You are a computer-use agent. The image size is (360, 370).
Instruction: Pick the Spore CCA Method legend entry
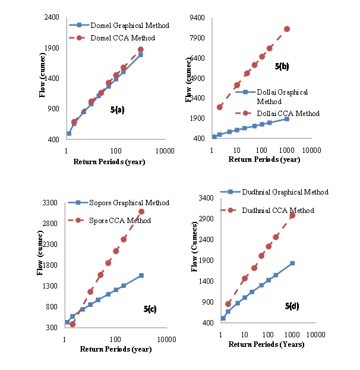119,221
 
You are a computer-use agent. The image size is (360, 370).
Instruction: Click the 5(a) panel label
117,109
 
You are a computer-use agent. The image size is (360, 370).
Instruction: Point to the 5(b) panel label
282,67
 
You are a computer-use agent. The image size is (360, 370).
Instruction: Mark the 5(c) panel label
150,309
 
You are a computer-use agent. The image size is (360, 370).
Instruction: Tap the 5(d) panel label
292,306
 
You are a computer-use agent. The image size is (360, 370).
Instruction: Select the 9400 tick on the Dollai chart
198,18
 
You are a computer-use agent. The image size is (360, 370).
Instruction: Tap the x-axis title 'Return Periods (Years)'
267,344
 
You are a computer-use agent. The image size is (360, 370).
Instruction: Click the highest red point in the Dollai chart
287,29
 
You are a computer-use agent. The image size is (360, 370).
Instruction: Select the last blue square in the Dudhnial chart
292,263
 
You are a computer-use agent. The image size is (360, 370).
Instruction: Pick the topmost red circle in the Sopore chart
141,212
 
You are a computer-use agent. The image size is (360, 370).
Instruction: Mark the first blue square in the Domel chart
69,133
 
